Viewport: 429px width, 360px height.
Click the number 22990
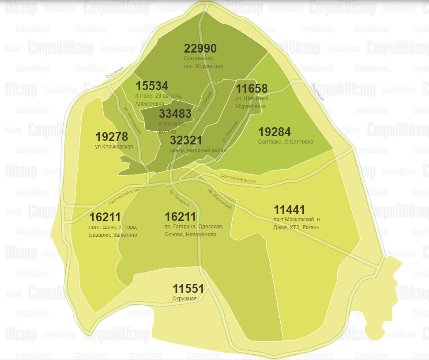200,49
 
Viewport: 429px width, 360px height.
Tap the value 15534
152,86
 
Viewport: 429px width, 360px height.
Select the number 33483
175,114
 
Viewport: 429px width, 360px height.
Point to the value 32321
186,140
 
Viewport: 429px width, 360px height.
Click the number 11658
252,88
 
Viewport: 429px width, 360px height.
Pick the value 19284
275,132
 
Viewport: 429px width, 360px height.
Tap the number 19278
112,136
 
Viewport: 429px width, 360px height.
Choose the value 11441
289,209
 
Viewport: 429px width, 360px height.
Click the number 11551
188,289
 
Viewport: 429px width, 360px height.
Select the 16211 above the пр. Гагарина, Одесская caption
180,217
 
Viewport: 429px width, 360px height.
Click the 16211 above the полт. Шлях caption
105,217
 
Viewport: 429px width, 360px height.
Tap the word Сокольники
199,58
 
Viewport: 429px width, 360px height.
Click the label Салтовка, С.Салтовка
286,142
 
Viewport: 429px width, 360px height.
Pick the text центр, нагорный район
198,150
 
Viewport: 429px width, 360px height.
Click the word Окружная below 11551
184,299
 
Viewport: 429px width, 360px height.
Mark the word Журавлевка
251,106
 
